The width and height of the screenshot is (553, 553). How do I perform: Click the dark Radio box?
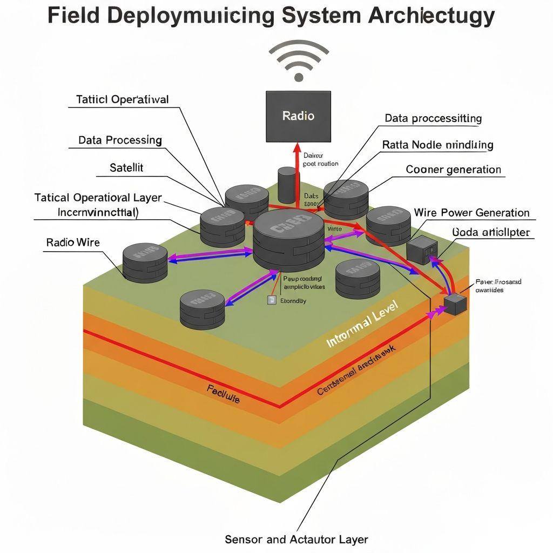point(298,116)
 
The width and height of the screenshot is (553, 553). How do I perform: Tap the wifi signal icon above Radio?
point(298,62)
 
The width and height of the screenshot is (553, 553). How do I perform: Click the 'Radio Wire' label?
point(73,242)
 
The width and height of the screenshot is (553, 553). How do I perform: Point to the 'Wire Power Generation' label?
point(471,212)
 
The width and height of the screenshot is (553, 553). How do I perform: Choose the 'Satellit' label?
point(126,167)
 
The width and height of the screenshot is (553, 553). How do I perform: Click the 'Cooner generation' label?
point(453,170)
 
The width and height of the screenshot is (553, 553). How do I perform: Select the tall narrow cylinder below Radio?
point(287,186)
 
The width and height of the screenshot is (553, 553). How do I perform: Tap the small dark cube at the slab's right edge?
point(455,304)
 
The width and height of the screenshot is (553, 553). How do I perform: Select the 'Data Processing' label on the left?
point(120,140)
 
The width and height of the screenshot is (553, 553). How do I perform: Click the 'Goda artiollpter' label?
point(491,233)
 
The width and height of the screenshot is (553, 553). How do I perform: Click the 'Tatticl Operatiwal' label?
point(122,99)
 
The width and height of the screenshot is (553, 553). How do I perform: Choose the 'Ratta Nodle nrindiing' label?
point(437,145)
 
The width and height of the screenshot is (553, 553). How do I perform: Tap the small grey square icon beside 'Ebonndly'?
point(272,300)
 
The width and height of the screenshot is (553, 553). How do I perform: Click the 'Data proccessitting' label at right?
point(433,118)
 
